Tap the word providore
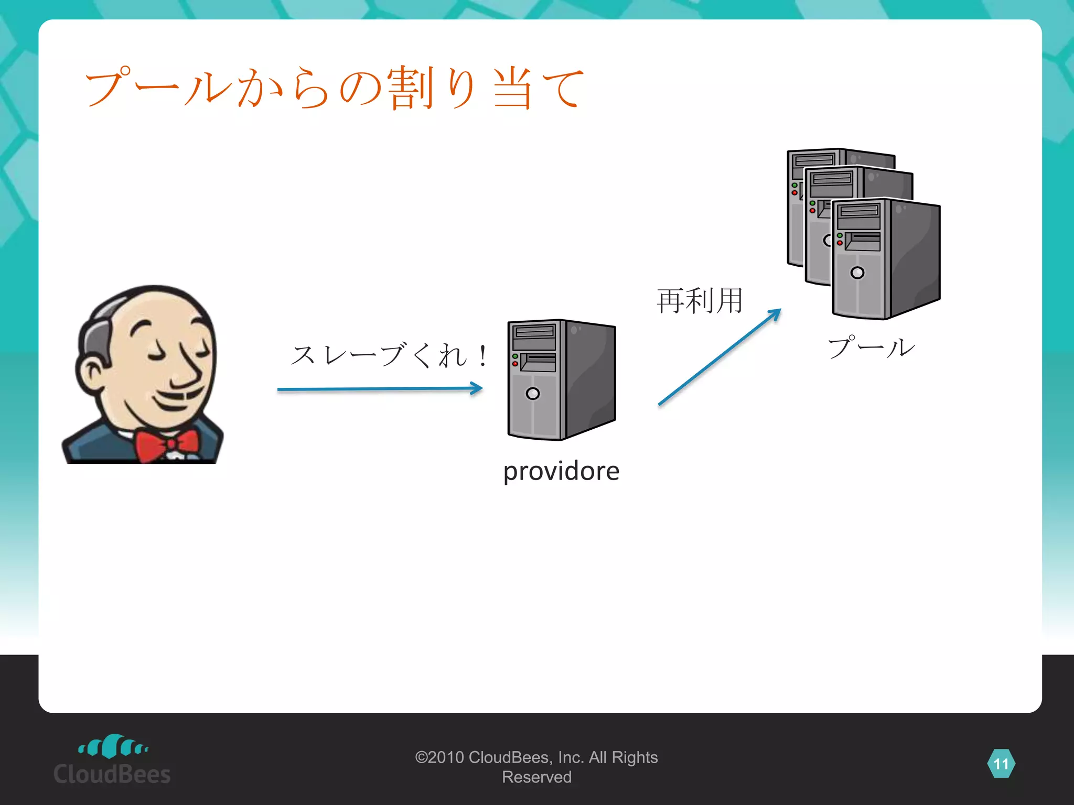(561, 471)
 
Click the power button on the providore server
(532, 394)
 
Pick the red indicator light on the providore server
(515, 364)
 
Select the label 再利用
(700, 301)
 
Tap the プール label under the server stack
(871, 348)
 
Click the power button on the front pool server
(857, 273)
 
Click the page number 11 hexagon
(1001, 764)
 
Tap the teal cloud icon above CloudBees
(112, 746)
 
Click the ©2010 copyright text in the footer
(536, 767)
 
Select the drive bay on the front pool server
(862, 242)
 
